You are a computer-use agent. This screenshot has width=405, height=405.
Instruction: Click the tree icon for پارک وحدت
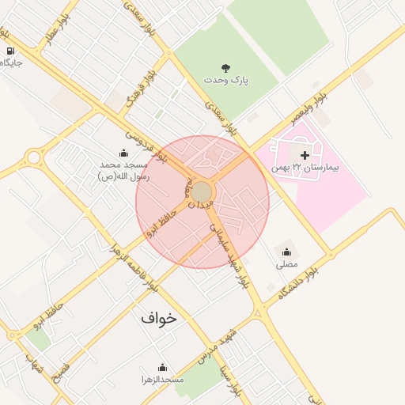pyautogui.click(x=227, y=68)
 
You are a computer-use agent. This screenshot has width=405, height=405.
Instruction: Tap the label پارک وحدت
pyautogui.click(x=225, y=81)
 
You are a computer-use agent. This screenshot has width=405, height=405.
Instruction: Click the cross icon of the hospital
pyautogui.click(x=305, y=154)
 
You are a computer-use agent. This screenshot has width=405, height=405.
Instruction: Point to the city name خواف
pyautogui.click(x=159, y=317)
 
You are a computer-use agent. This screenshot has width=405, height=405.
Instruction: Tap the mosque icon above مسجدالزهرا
pyautogui.click(x=162, y=367)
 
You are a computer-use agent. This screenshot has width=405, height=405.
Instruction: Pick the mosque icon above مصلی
pyautogui.click(x=286, y=252)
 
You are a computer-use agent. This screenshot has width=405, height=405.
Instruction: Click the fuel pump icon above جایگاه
pyautogui.click(x=9, y=49)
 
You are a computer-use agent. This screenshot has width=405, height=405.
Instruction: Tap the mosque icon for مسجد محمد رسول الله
pyautogui.click(x=123, y=153)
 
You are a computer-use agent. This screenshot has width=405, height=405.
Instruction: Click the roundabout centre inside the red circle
pyautogui.click(x=202, y=193)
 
